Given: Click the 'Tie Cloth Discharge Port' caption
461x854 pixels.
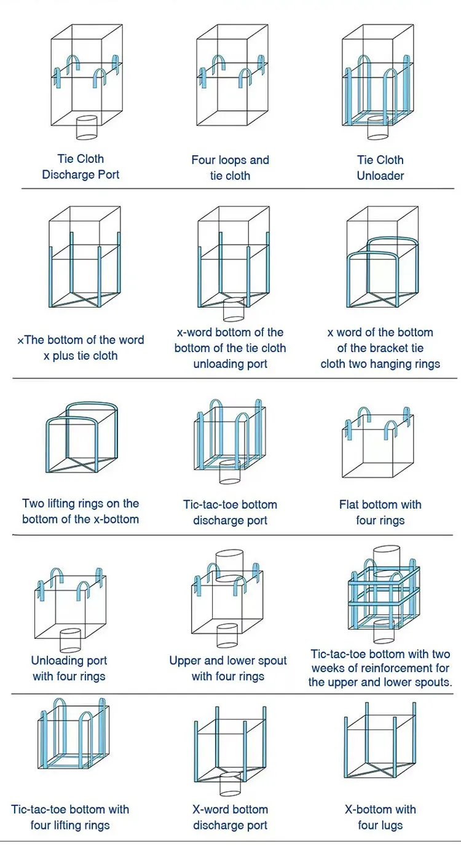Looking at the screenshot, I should [81, 166].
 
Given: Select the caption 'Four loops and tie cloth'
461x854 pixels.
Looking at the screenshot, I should [230, 168].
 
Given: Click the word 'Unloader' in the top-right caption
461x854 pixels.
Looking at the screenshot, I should [380, 176].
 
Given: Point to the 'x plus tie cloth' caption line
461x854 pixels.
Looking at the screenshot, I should [81, 356].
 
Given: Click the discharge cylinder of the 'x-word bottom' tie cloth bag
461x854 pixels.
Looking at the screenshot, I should [234, 310].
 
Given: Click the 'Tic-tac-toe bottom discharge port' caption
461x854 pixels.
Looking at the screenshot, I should [230, 512].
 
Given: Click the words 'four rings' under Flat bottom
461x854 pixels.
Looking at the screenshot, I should [380, 520].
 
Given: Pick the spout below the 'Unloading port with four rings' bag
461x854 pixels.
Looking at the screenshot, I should [70, 640].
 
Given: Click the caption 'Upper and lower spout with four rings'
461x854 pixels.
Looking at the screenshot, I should [228, 668].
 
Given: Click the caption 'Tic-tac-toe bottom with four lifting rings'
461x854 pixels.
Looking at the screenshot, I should [70, 817].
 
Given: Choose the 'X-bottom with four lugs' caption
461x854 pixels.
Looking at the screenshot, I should [380, 817].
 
